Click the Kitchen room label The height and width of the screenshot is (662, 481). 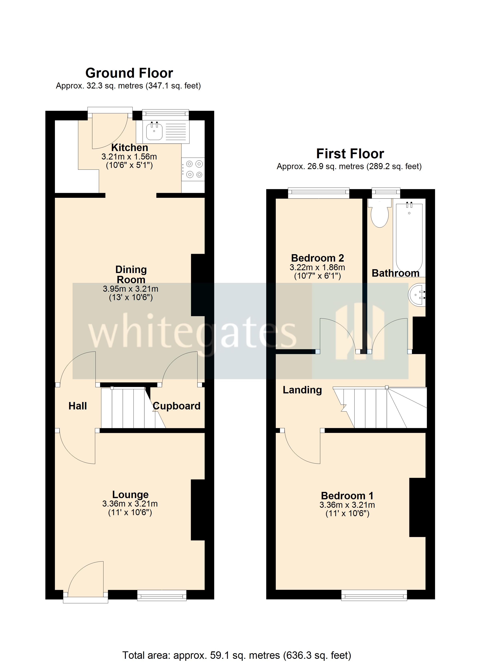129,147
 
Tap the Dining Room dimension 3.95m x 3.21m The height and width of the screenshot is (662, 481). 130,289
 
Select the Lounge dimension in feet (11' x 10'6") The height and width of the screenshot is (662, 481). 130,512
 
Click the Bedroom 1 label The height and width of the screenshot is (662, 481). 347,496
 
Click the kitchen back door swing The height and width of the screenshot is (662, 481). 109,131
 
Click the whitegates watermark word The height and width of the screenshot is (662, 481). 193,333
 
